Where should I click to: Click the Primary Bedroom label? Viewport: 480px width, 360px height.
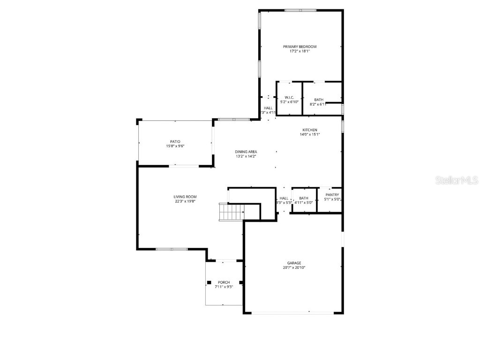coord(300,46)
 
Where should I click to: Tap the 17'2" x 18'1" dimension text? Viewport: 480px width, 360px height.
coord(300,51)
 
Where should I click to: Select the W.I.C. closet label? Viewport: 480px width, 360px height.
coord(289,97)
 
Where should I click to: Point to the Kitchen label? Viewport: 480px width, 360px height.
coord(309,130)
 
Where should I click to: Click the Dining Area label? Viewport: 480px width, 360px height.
coord(246,151)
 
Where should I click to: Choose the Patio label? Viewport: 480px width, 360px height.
coord(175,142)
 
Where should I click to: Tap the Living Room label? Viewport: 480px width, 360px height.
coord(185,197)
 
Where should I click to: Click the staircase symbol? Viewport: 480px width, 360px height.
coord(231,212)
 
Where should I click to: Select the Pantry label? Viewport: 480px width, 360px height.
coord(332,195)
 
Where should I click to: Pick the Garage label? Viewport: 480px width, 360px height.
coord(294,263)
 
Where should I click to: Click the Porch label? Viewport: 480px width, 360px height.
coord(224,282)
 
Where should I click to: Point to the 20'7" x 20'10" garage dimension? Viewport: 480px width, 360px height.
coord(294,268)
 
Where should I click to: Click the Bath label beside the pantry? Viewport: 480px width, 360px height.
coord(304,198)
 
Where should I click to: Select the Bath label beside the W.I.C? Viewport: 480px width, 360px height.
coord(319,100)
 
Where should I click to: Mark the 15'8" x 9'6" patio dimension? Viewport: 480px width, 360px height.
coord(175,146)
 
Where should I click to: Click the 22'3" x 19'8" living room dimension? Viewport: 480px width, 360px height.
coord(185,202)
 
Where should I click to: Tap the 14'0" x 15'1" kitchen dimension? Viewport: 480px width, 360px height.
coord(309,135)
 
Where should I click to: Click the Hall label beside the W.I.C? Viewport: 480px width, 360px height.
coord(268,108)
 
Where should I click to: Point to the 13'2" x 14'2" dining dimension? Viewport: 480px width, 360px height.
coord(246,156)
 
